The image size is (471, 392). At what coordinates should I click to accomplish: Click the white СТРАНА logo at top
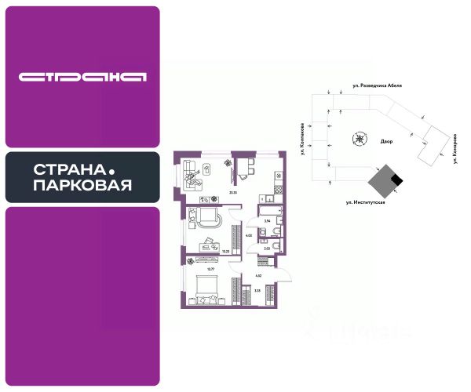[82, 77]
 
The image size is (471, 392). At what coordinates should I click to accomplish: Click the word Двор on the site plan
[385, 142]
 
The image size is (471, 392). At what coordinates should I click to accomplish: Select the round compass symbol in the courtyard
[359, 140]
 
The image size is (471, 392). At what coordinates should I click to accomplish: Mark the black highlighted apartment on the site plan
[397, 181]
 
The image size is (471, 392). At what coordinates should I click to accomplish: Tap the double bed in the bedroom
[206, 291]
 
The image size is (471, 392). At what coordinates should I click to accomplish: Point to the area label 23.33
[233, 191]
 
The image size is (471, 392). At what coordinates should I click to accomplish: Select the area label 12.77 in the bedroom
[210, 269]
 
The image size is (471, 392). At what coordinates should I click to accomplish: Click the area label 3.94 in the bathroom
[267, 223]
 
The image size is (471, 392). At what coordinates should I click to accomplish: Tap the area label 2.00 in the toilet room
[267, 249]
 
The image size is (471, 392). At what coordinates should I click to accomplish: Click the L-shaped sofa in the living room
[193, 176]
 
